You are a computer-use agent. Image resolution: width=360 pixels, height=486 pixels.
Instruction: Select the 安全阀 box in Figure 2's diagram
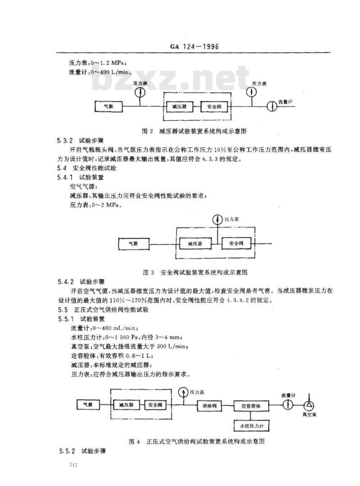click(x=214, y=107)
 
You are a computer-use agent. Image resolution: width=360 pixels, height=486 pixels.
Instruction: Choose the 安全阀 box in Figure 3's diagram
click(x=237, y=243)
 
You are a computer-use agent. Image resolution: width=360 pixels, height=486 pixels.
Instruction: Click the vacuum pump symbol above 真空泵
click(x=310, y=404)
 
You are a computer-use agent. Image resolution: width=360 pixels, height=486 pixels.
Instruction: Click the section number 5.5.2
click(x=67, y=450)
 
